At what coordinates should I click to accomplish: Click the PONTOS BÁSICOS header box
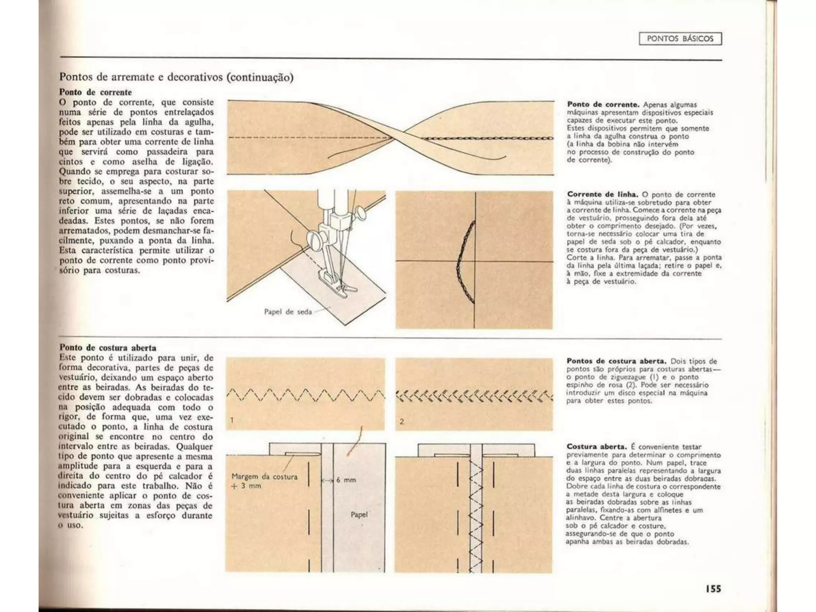click(680, 39)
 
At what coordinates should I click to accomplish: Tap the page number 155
click(713, 588)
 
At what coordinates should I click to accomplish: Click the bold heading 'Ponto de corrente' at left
click(96, 92)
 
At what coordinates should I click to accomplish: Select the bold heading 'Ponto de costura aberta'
click(108, 348)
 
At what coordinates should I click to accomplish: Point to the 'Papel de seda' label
click(288, 312)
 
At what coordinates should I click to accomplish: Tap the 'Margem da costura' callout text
click(265, 477)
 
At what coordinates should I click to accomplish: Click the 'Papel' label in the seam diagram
click(359, 514)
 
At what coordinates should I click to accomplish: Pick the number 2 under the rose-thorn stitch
click(402, 421)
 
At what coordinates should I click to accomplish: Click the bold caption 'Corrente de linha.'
click(602, 194)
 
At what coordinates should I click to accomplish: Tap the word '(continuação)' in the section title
click(260, 77)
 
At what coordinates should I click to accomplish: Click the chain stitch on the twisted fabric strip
click(486, 138)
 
